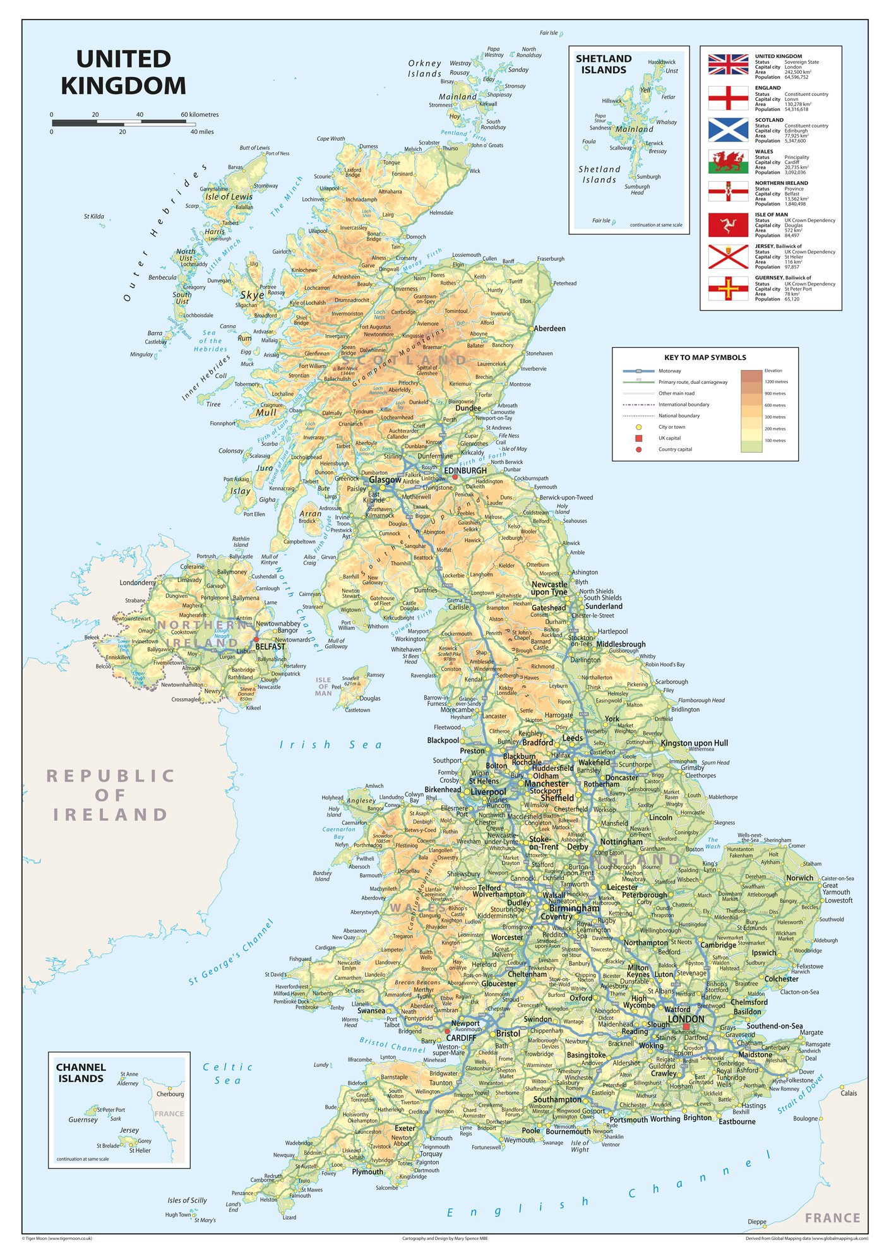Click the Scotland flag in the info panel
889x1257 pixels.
pyautogui.click(x=728, y=129)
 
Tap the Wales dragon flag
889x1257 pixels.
pyautogui.click(x=728, y=162)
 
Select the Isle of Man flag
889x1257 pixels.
pyautogui.click(x=728, y=225)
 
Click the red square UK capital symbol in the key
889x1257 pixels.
pyautogui.click(x=638, y=438)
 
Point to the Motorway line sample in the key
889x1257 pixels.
pyautogui.click(x=638, y=371)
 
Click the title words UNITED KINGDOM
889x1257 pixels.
pyautogui.click(x=123, y=73)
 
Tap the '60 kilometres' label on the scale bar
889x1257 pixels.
pyautogui.click(x=200, y=115)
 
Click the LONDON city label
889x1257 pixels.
pyautogui.click(x=686, y=1019)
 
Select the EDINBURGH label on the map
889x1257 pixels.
pyautogui.click(x=465, y=470)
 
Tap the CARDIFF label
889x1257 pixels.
pyautogui.click(x=461, y=1038)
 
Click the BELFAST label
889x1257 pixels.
pyautogui.click(x=270, y=646)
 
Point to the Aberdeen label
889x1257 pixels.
pyautogui.click(x=549, y=328)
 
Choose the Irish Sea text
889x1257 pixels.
pyautogui.click(x=331, y=745)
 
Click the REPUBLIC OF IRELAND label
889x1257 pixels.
pyautogui.click(x=110, y=795)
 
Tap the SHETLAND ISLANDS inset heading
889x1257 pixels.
pyautogui.click(x=604, y=64)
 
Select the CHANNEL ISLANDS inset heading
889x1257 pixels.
pyautogui.click(x=81, y=1073)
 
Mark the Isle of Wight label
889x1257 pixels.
pyautogui.click(x=580, y=1146)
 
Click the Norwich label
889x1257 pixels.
pyautogui.click(x=799, y=878)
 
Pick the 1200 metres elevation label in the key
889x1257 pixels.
pyautogui.click(x=776, y=382)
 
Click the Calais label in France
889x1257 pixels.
pyautogui.click(x=849, y=1093)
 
